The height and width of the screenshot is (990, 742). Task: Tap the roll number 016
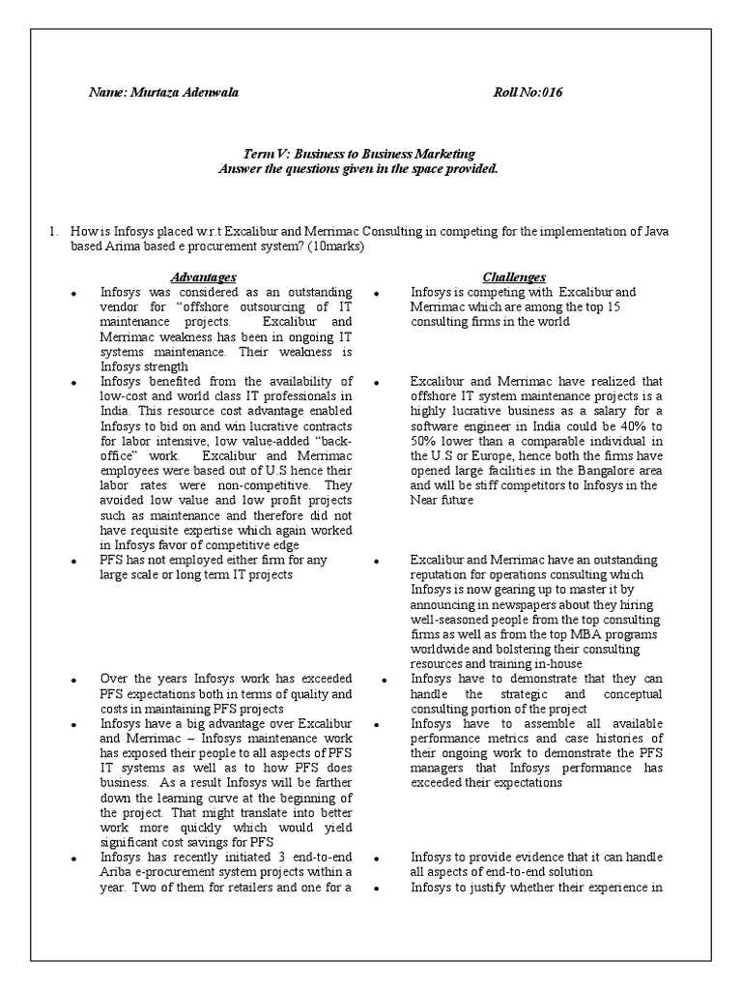pos(552,93)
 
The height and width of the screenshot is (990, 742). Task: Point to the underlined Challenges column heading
pos(514,277)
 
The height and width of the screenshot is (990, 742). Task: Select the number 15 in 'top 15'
pos(614,306)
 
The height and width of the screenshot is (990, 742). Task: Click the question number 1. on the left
pos(55,231)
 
